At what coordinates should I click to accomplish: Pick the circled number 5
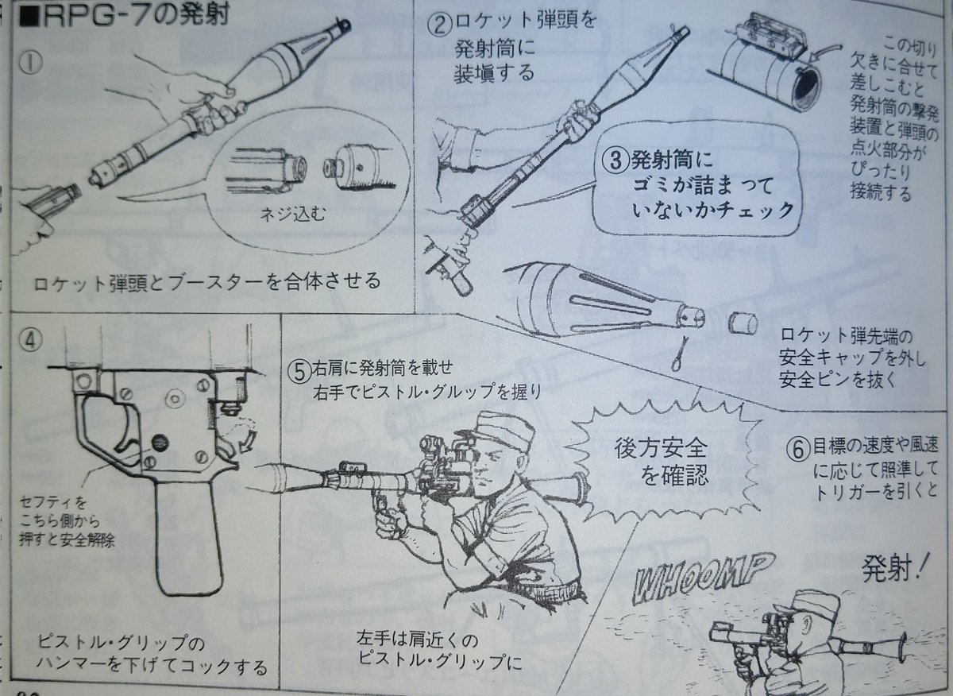click(299, 370)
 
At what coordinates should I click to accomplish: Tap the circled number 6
click(798, 447)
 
